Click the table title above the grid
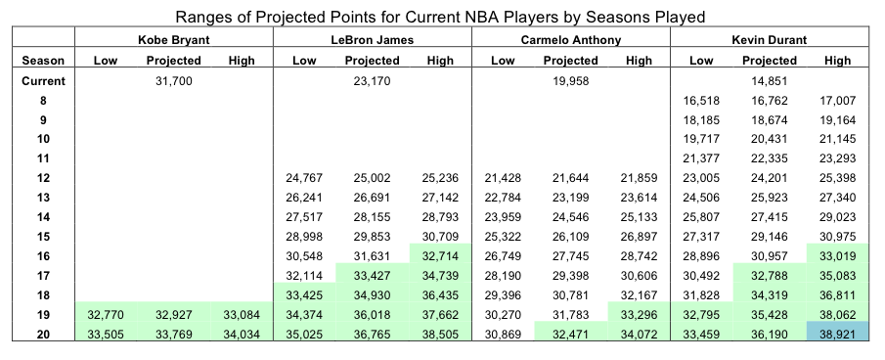click(440, 17)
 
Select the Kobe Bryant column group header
click(174, 39)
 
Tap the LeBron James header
click(372, 39)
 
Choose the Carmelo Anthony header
click(571, 39)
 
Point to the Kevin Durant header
click(770, 39)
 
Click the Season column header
click(43, 61)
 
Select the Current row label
click(43, 80)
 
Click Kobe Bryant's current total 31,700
click(174, 81)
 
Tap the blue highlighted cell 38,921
click(838, 334)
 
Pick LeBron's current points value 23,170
click(372, 81)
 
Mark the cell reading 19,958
click(571, 81)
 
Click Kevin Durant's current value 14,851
click(770, 81)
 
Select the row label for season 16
click(43, 256)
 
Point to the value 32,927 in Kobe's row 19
click(174, 315)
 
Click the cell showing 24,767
click(304, 178)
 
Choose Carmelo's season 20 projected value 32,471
click(571, 334)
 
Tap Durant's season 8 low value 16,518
click(701, 101)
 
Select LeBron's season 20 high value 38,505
click(440, 334)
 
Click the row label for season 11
click(43, 158)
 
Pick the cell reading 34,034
click(242, 334)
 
